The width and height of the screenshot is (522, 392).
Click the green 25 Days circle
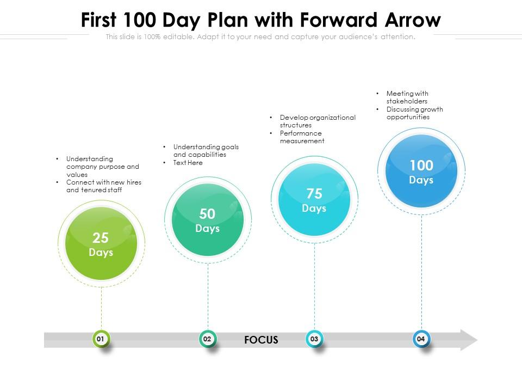point(101,244)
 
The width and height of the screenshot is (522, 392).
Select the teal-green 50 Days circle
point(208,220)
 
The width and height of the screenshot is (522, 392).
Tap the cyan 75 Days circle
point(314,200)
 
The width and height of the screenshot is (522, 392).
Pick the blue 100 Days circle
point(421,171)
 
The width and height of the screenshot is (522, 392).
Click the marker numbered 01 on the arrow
point(101,339)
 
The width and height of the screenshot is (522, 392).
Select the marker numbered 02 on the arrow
point(208,339)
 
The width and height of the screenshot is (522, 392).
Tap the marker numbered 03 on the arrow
point(314,339)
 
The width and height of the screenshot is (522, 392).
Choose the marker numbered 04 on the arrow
point(421,339)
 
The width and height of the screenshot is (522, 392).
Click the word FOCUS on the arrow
point(261,340)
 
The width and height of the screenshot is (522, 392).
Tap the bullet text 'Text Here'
point(188,163)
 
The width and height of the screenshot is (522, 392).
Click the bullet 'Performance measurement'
point(302,137)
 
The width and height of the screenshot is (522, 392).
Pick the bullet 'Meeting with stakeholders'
point(407,97)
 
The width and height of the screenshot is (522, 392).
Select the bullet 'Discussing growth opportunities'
point(414,113)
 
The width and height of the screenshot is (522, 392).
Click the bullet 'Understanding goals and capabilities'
point(206,151)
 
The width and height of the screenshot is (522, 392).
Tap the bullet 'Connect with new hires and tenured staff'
point(103,186)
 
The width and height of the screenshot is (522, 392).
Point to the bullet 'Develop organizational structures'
point(317,121)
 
